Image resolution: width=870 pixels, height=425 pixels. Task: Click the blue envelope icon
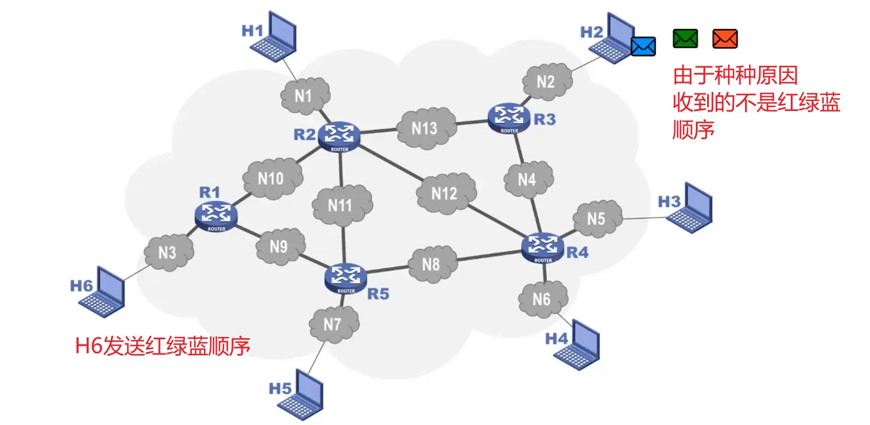643,46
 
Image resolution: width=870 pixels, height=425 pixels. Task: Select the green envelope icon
685,39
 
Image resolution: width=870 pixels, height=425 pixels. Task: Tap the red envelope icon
725,39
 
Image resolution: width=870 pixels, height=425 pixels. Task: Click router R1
215,216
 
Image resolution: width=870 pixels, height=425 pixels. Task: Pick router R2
339,136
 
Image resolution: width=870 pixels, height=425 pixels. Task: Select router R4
543,248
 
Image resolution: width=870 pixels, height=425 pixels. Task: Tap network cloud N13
425,127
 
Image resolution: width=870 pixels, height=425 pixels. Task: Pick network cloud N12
446,193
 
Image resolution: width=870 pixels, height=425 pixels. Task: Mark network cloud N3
168,252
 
